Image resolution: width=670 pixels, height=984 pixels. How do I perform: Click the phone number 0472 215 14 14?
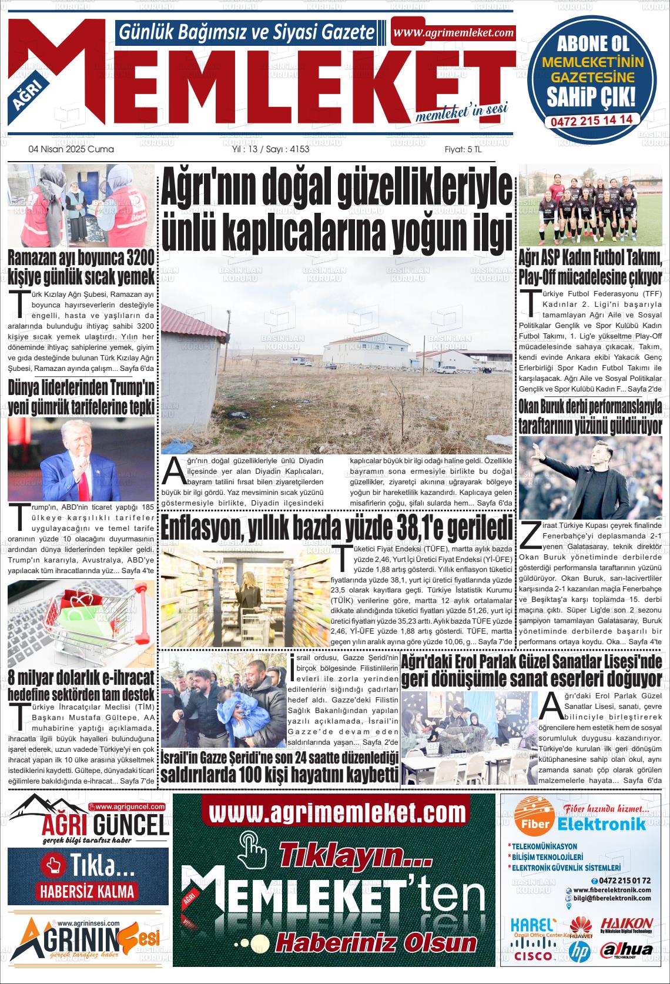[591, 119]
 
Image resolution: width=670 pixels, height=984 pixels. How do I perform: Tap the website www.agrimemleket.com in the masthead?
[453, 33]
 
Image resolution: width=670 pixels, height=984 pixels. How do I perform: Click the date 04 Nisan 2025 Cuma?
[71, 149]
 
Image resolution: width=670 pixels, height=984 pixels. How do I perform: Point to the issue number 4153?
[300, 149]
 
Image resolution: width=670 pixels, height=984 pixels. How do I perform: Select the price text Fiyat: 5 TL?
[463, 149]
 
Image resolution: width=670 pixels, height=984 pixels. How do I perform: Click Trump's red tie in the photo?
[84, 484]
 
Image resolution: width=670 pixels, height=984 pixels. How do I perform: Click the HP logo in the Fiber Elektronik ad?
[579, 949]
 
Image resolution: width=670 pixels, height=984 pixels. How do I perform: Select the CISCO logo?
[532, 955]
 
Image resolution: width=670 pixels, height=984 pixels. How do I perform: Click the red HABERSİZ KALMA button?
[87, 891]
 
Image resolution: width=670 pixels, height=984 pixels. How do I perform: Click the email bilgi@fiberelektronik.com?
[612, 899]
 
